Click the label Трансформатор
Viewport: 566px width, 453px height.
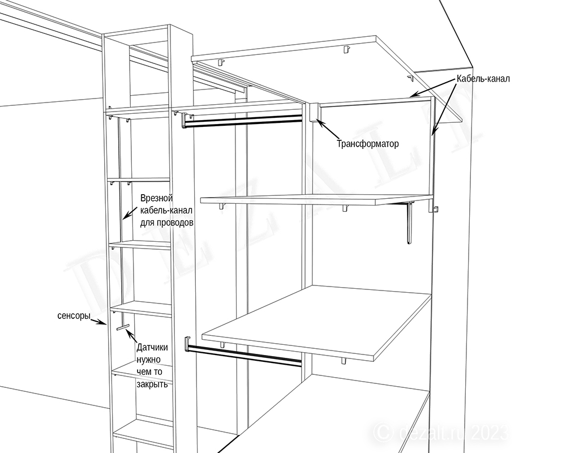(x=368, y=144)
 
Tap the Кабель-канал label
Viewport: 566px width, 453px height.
(x=483, y=78)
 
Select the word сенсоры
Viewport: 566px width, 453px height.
(x=74, y=315)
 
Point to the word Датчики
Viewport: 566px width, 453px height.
(x=152, y=348)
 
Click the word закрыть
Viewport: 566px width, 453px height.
(x=152, y=384)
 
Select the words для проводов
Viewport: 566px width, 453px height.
(x=166, y=223)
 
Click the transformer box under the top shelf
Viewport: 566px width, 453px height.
(x=314, y=112)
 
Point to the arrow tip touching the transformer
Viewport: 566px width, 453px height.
(x=316, y=119)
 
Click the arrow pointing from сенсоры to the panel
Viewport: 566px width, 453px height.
(x=98, y=321)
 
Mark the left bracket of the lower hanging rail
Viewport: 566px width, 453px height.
(x=187, y=344)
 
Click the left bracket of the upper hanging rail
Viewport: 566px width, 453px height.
(x=183, y=119)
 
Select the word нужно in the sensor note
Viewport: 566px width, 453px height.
(x=148, y=360)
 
